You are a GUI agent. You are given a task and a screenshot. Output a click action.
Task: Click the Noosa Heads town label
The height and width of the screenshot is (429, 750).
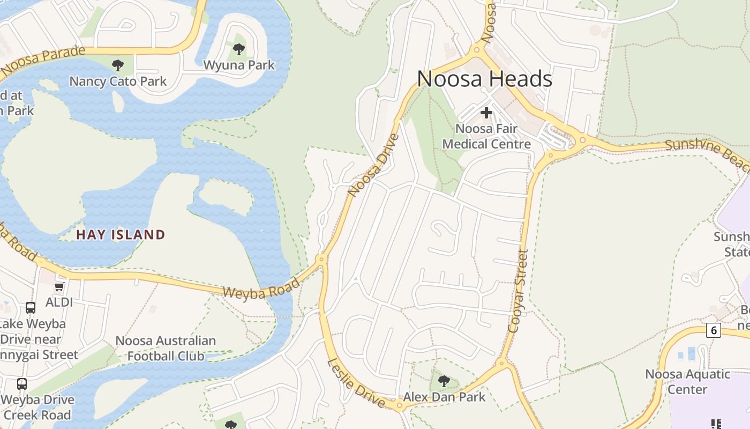pyautogui.click(x=484, y=79)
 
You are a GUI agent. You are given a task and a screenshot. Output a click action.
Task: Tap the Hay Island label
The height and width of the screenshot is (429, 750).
pyautogui.click(x=121, y=234)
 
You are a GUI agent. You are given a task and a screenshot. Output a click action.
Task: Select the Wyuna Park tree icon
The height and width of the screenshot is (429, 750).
pyautogui.click(x=239, y=49)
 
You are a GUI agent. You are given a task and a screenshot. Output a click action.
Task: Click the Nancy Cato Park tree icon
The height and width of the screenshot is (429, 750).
pyautogui.click(x=118, y=65)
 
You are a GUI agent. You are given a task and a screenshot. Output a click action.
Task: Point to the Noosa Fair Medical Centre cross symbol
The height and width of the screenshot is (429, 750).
pyautogui.click(x=486, y=113)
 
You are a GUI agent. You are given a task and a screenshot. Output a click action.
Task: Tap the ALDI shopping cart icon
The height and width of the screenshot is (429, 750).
pyautogui.click(x=59, y=287)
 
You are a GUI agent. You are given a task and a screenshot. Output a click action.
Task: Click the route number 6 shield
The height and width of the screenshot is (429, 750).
pyautogui.click(x=713, y=330)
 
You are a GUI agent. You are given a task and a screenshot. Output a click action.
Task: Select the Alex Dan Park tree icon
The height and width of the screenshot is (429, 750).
pyautogui.click(x=444, y=381)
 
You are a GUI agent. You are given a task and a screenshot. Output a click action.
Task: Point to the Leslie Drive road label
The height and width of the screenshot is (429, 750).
pyautogui.click(x=356, y=383)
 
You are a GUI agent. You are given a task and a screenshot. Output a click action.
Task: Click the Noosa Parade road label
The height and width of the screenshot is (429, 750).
pyautogui.click(x=43, y=61)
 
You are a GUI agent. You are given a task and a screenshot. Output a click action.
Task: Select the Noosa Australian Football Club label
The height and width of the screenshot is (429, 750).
pyautogui.click(x=166, y=348)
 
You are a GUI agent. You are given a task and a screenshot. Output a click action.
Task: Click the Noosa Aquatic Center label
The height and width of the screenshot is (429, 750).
pyautogui.click(x=687, y=381)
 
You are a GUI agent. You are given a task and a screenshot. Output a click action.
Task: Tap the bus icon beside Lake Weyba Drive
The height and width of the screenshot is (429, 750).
pyautogui.click(x=31, y=308)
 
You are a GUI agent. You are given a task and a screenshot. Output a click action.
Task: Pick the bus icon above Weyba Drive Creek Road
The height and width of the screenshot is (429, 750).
pyautogui.click(x=21, y=384)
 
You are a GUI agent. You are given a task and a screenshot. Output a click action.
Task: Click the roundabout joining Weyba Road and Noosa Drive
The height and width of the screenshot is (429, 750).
pyautogui.click(x=321, y=260)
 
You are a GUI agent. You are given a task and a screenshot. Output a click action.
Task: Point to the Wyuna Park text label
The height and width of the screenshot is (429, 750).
pyautogui.click(x=239, y=65)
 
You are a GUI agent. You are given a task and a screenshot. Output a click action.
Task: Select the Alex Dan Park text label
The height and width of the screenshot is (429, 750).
pyautogui.click(x=444, y=397)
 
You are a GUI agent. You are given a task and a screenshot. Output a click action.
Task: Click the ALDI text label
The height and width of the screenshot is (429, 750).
pyautogui.click(x=59, y=302)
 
